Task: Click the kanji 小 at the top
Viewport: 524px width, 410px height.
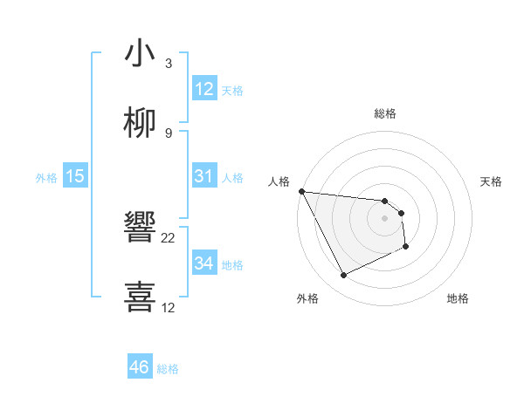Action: (x=140, y=54)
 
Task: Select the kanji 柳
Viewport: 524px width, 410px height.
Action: (x=140, y=123)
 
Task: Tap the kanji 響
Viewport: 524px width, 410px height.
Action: (x=140, y=229)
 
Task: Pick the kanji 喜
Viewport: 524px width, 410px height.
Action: (x=140, y=296)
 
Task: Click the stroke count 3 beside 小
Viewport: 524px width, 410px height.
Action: (x=169, y=64)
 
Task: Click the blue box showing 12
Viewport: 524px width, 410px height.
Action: (x=204, y=89)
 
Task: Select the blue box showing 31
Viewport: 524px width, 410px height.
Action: (x=204, y=176)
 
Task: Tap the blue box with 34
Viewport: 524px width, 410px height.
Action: (x=204, y=263)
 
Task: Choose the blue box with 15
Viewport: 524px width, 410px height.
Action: (x=75, y=176)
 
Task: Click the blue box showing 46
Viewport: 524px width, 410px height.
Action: (x=140, y=367)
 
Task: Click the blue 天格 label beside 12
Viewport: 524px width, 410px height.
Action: (x=232, y=91)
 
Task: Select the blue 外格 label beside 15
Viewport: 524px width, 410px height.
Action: (x=46, y=178)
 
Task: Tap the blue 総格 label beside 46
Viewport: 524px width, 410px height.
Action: (x=168, y=369)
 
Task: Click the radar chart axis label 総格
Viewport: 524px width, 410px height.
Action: (x=385, y=113)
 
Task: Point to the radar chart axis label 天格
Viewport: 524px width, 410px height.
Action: (x=492, y=181)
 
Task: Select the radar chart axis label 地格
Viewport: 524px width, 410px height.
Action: (x=458, y=298)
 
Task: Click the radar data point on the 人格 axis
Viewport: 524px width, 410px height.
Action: (x=301, y=191)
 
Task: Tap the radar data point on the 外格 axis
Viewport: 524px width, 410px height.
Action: (x=343, y=276)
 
